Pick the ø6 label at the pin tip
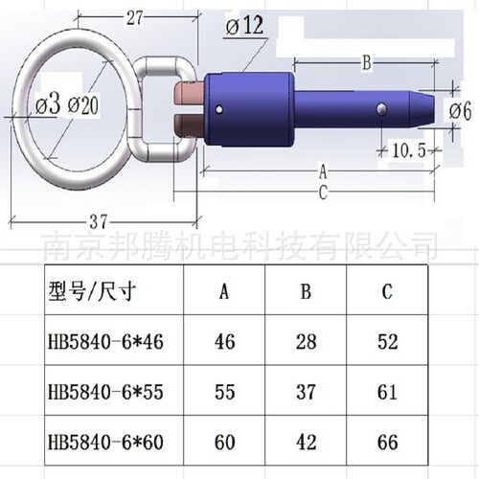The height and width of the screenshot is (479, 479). coord(460,112)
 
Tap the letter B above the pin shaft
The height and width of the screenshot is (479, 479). coord(365,64)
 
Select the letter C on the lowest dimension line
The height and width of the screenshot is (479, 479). coord(323,192)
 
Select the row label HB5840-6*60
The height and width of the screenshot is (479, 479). coord(98,444)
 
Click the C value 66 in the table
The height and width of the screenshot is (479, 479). coord(386,444)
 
